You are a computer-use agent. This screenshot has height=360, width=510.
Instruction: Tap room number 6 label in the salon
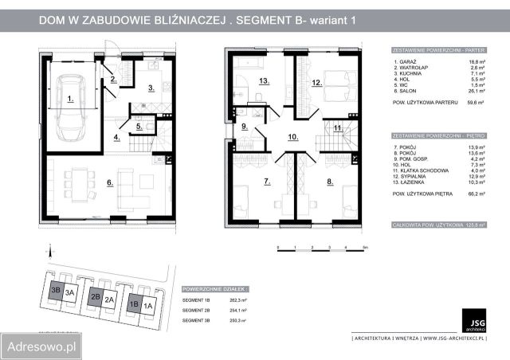[108, 183]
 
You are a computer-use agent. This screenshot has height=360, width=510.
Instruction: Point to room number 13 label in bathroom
[262, 80]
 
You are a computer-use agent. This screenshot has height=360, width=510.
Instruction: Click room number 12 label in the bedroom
[316, 82]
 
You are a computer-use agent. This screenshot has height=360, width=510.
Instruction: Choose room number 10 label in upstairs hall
[292, 137]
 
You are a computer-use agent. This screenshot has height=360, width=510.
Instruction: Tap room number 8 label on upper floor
[328, 182]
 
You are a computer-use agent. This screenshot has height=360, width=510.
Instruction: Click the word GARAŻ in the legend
[403, 61]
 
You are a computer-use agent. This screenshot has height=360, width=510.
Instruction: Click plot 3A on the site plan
[70, 292]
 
